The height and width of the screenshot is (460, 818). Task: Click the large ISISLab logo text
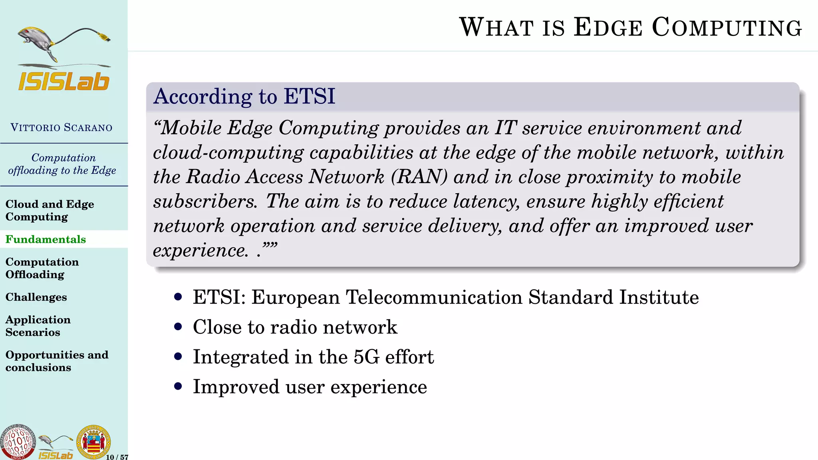click(64, 81)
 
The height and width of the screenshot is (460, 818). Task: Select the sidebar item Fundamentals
click(46, 239)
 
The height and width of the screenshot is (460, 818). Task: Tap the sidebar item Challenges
click(36, 297)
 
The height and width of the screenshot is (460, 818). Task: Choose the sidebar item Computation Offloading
click(42, 268)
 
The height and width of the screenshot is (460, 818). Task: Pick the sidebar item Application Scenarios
click(38, 326)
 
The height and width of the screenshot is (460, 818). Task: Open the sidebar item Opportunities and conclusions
click(57, 361)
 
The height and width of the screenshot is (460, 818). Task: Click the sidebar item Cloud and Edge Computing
click(50, 210)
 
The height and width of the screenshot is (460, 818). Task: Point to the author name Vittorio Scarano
click(62, 128)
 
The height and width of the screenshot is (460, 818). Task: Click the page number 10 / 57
click(117, 457)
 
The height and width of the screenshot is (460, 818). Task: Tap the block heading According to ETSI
click(244, 97)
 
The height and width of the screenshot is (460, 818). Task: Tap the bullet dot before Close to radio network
click(178, 327)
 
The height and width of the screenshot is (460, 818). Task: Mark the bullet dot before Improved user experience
click(178, 387)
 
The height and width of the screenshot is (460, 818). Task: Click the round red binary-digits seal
click(17, 442)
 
